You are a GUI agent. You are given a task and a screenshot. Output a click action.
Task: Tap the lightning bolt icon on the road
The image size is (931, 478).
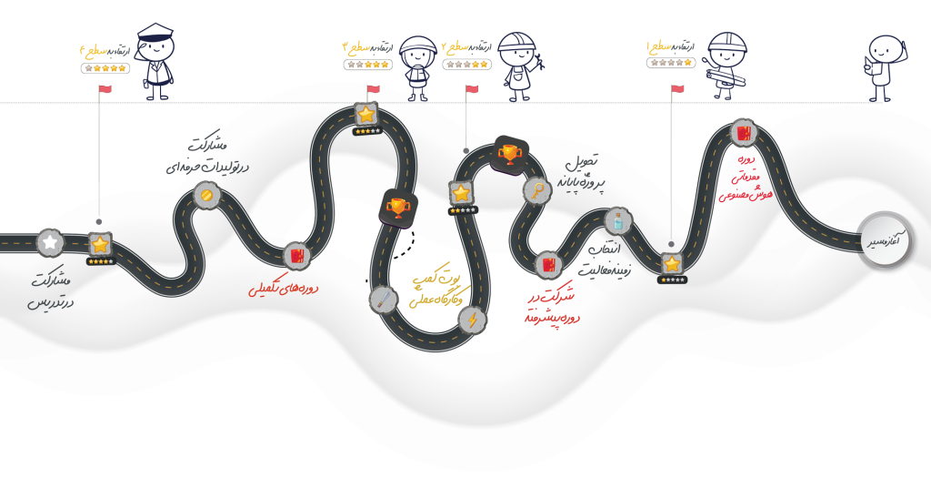[471, 320]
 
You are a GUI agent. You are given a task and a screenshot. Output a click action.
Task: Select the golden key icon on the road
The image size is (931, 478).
[536, 189]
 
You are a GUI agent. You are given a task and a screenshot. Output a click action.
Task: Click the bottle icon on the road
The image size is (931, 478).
[618, 220]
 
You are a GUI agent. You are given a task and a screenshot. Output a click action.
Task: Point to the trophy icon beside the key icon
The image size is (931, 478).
[507, 155]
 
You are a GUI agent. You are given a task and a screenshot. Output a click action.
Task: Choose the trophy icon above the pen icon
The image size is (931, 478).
[397, 208]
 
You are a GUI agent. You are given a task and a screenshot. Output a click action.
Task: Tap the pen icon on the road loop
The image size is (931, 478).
[382, 298]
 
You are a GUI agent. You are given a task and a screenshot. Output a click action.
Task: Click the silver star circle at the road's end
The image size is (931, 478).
[50, 243]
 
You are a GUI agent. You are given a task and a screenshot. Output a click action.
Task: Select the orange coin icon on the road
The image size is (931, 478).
[207, 195]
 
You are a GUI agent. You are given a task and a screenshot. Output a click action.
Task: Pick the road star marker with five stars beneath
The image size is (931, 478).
[100, 244]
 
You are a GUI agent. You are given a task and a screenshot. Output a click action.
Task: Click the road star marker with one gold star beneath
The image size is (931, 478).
[672, 263]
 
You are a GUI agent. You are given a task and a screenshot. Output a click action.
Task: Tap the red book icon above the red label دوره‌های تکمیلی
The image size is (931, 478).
[295, 256]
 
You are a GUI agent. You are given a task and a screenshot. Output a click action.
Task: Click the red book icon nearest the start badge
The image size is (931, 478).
[744, 133]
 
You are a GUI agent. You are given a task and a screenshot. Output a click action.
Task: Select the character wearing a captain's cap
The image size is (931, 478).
[155, 59]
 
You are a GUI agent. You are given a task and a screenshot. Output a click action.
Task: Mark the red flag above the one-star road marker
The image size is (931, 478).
[677, 88]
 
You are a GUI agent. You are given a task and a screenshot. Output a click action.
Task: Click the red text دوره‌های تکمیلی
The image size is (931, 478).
[284, 289]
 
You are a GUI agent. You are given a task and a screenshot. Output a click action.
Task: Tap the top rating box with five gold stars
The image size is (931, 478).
[105, 67]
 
